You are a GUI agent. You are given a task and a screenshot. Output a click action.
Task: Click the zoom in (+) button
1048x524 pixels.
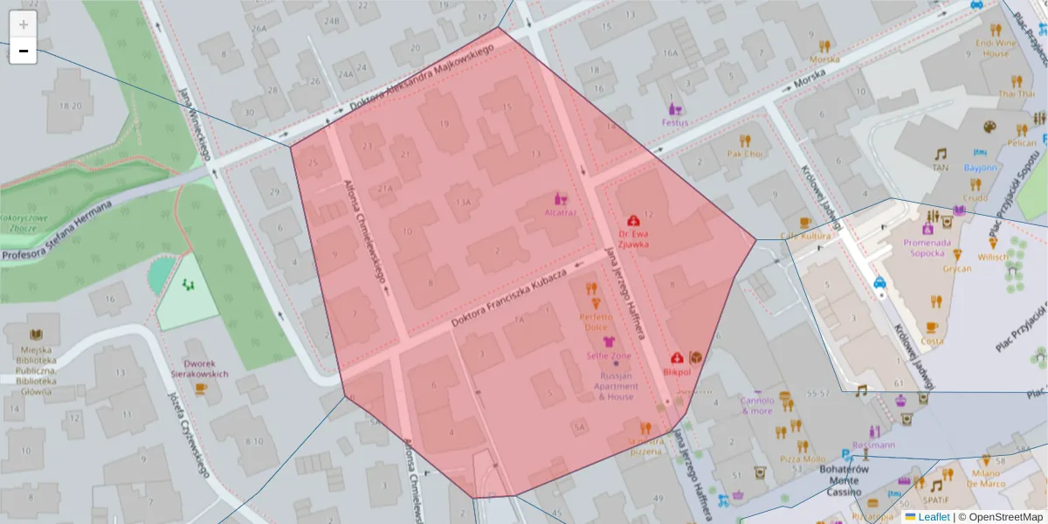[x=23, y=24]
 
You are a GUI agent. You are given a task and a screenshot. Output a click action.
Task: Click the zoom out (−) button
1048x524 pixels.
[x=23, y=52]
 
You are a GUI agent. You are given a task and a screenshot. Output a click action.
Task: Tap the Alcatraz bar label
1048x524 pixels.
[x=560, y=211]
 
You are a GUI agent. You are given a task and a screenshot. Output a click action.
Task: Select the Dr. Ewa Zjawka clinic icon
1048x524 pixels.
[x=633, y=222]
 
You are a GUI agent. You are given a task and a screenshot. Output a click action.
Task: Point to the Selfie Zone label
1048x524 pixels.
[x=609, y=356]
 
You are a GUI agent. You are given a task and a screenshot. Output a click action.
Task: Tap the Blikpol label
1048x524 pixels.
[x=677, y=371]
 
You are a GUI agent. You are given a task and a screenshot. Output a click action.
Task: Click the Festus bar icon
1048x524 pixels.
[x=674, y=109]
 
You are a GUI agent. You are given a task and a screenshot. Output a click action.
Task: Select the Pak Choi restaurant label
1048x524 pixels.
[x=745, y=154]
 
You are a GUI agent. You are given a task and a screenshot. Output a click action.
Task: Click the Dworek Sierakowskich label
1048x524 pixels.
[x=205, y=369]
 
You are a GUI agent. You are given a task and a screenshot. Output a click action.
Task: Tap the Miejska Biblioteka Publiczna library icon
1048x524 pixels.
[x=36, y=334]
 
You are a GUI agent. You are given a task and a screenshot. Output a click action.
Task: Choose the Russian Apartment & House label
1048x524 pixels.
[x=616, y=386]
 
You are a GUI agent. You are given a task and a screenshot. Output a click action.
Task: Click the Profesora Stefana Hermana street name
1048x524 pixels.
[x=57, y=231]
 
